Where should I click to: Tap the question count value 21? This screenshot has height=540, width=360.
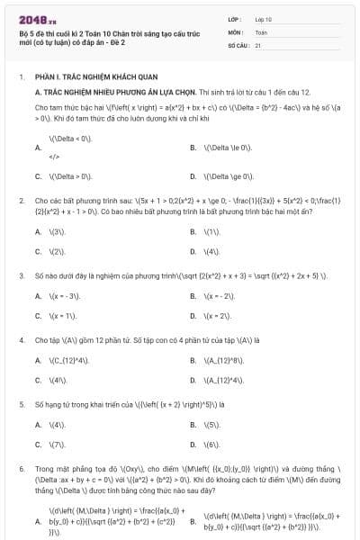[x=258, y=44]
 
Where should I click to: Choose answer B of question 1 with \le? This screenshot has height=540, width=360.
[x=228, y=147]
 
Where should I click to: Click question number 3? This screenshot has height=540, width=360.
[x=21, y=274]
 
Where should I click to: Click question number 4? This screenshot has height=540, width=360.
[x=21, y=341]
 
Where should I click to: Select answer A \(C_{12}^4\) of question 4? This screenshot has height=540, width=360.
[x=67, y=361]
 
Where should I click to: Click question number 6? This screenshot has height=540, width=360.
[x=21, y=469]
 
